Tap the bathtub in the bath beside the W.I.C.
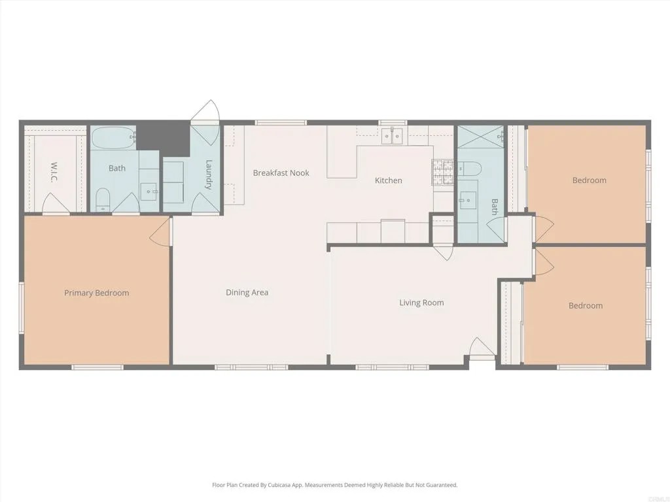point(113,138)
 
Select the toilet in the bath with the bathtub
point(103,199)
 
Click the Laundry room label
point(209,175)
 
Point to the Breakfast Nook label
point(281,173)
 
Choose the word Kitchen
point(388,180)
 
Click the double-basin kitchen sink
point(393,135)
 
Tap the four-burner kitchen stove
point(442,171)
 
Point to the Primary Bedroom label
point(96,293)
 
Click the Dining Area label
point(247,292)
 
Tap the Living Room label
point(421,303)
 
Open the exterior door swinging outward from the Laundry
point(205,112)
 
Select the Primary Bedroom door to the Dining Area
point(161,232)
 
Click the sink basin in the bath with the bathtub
point(150,192)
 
